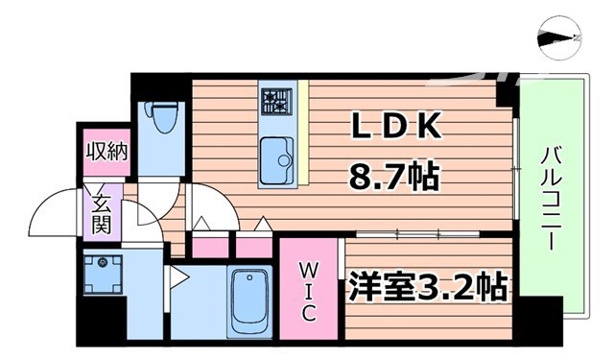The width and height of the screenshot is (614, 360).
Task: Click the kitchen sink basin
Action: [x=277, y=156]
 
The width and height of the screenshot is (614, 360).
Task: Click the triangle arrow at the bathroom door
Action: [x=178, y=279]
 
